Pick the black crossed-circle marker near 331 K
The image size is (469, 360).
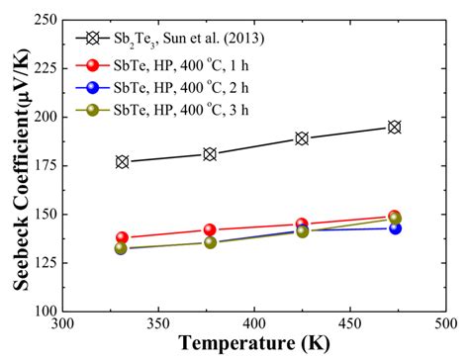[x=122, y=161]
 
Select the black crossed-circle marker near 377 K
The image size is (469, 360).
[x=210, y=154]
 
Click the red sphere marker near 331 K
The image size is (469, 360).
[x=122, y=237]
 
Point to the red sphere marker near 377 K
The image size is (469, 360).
[x=210, y=229]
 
